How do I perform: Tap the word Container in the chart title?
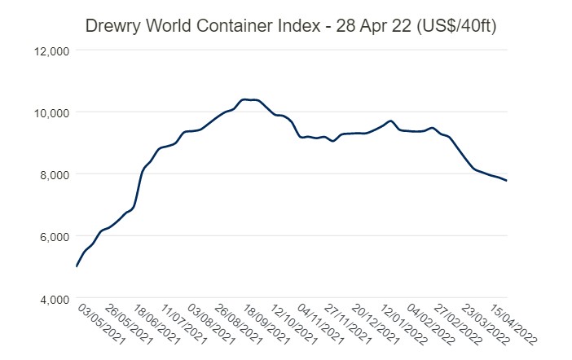click(x=231, y=26)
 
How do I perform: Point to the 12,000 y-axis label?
click(x=52, y=50)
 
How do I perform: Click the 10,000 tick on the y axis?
click(x=52, y=112)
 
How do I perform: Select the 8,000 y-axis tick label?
click(x=55, y=174)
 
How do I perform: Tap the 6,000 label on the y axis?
click(x=55, y=237)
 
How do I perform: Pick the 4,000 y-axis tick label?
click(x=55, y=299)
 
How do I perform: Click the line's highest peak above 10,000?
click(x=245, y=99)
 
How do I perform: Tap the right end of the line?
click(x=507, y=181)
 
